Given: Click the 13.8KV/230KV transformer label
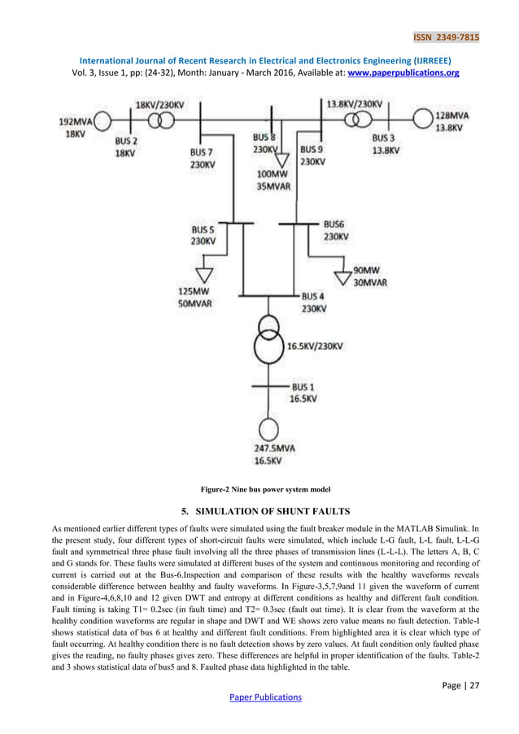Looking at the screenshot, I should (354, 104).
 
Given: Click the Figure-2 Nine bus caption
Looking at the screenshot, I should (259, 489).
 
